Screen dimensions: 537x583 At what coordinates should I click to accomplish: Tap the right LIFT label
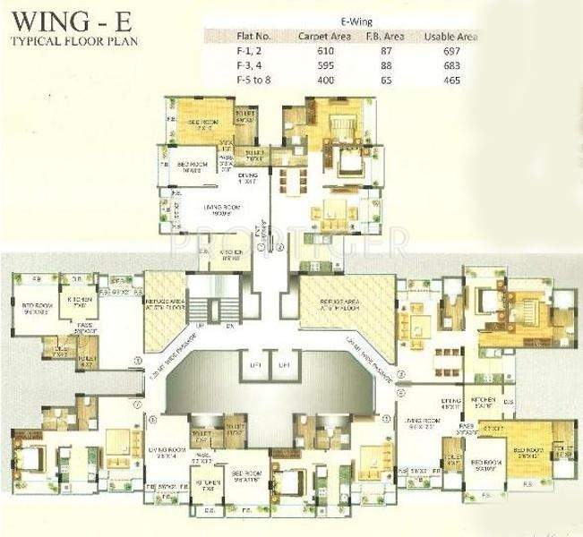tap(284, 366)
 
